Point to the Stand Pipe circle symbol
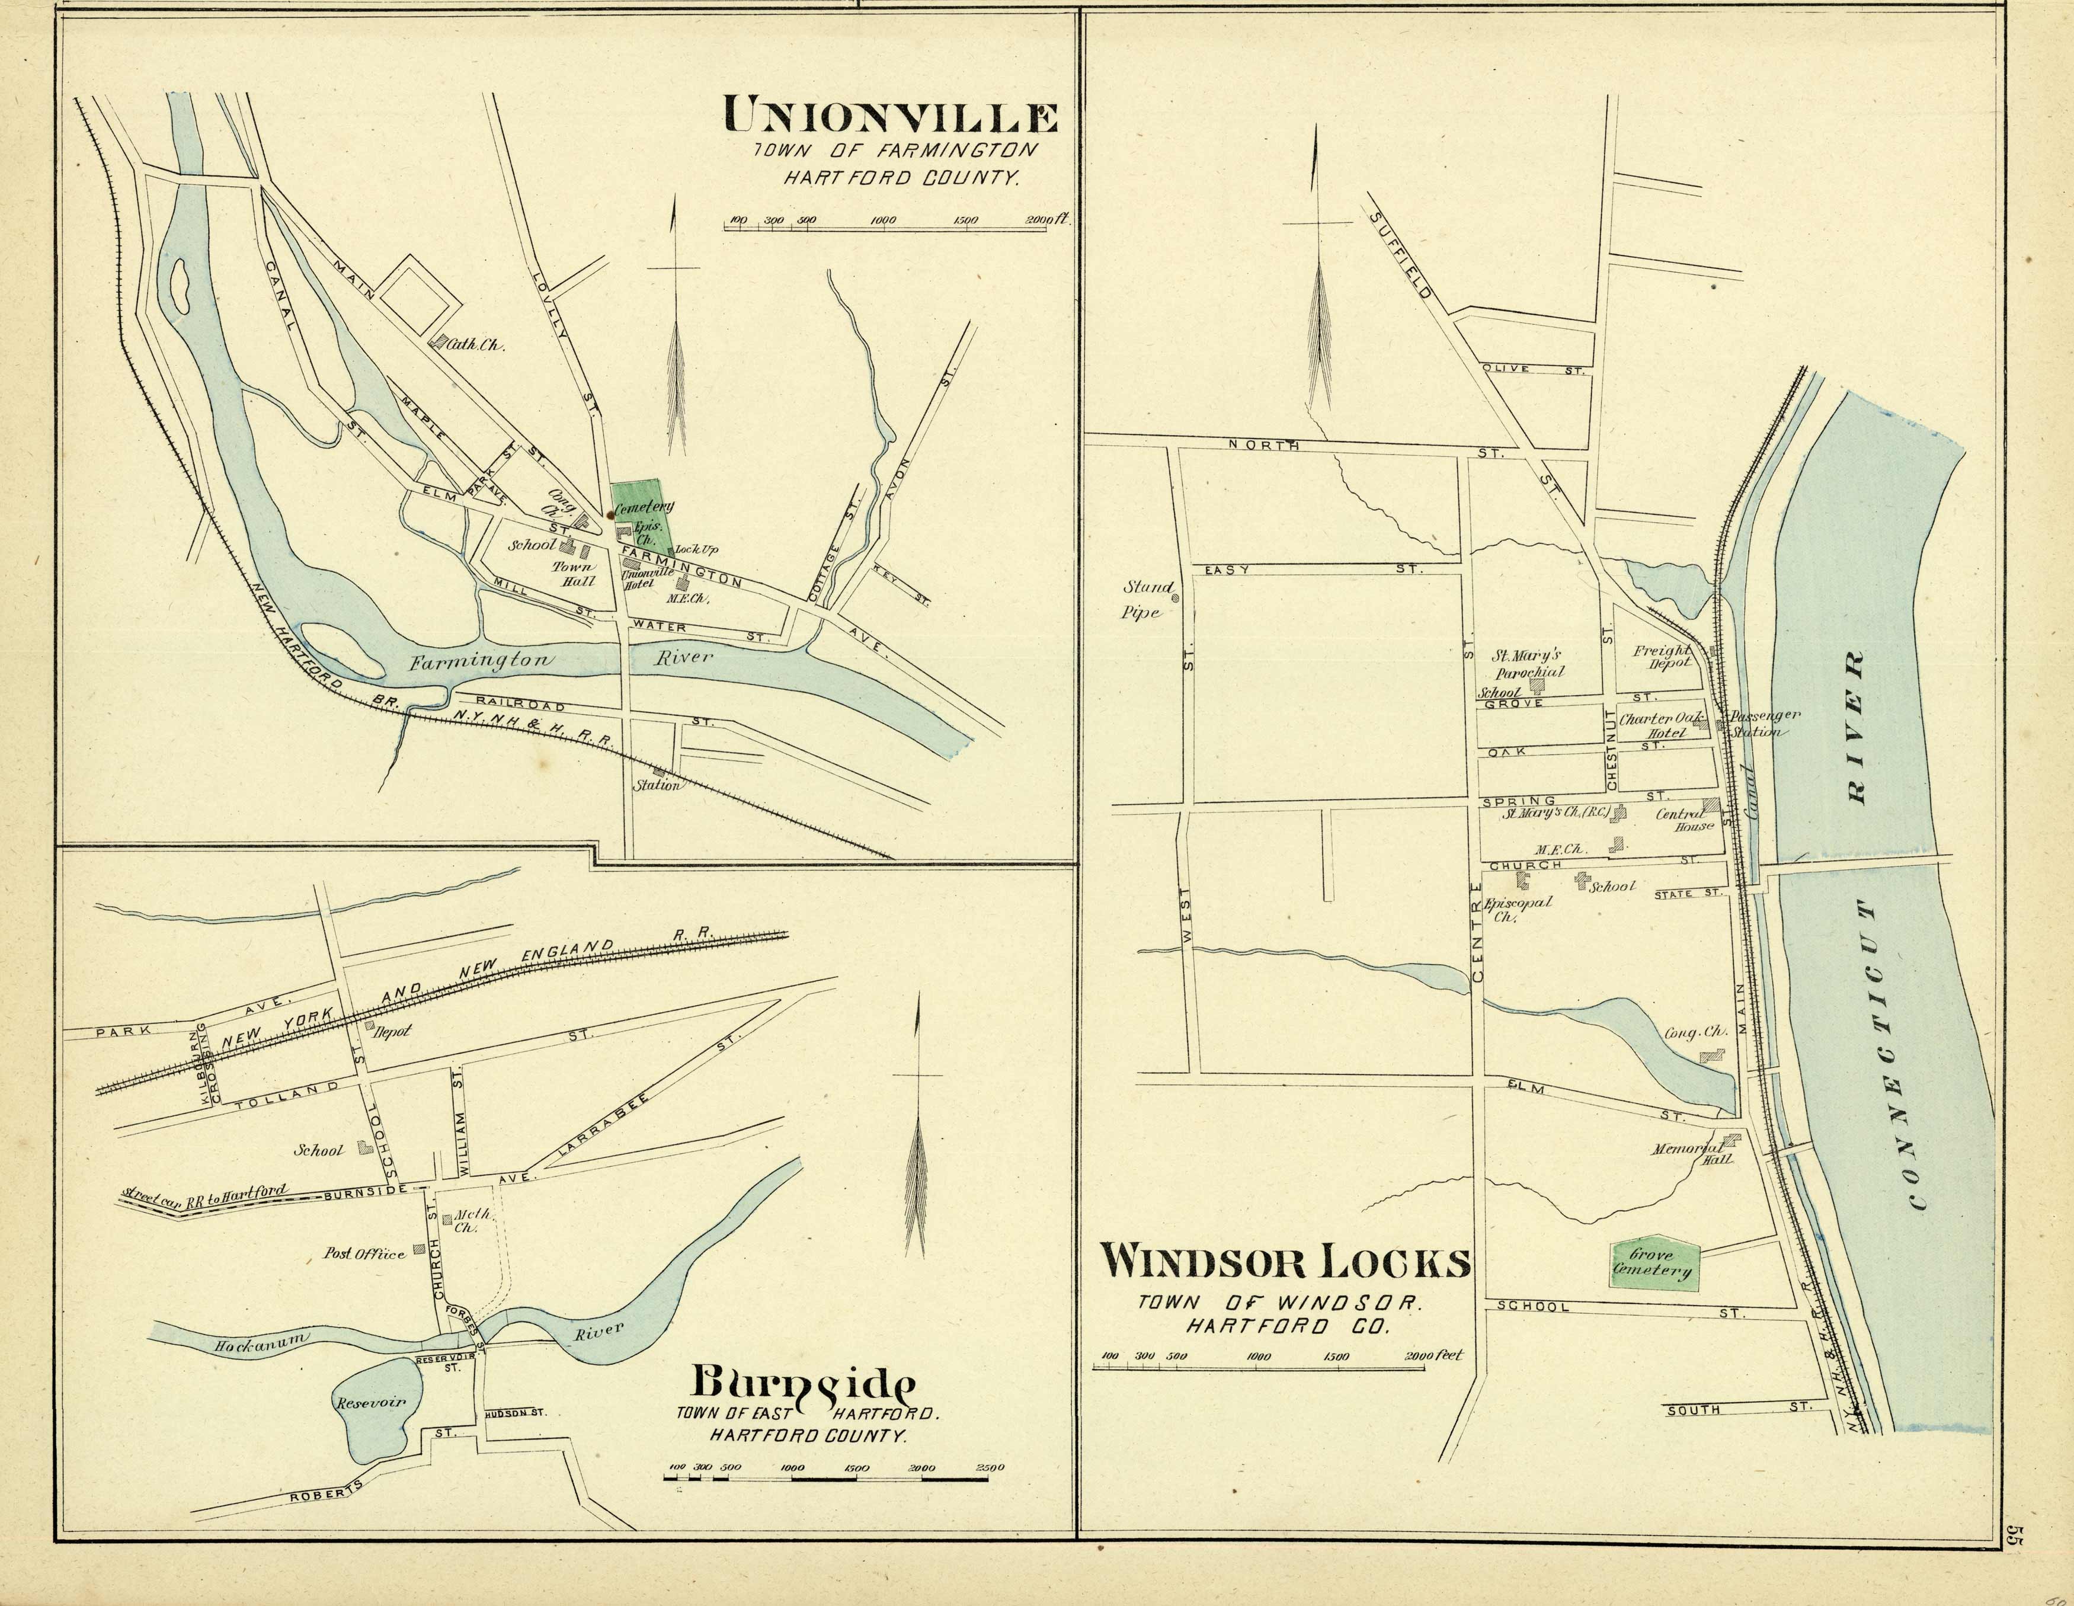(x=1174, y=599)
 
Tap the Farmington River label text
(x=561, y=660)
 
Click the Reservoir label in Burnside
(x=369, y=1402)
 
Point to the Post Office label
(x=364, y=1253)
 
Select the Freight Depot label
(x=1662, y=656)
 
